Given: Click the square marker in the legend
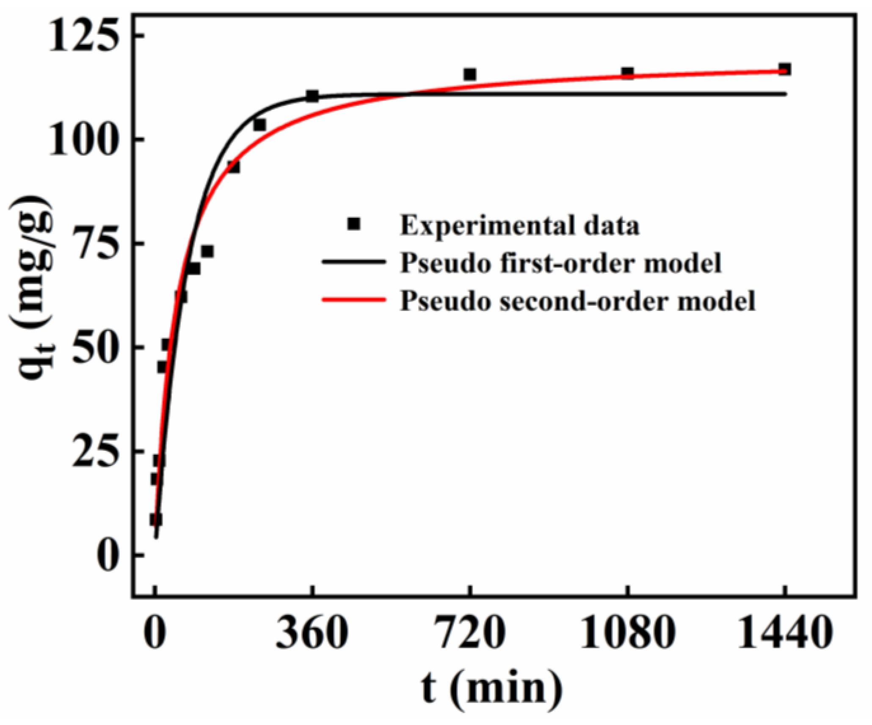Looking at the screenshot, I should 353,224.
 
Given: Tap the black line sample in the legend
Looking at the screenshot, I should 354,262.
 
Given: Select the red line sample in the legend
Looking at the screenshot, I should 354,300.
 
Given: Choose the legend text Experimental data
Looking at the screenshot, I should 520,225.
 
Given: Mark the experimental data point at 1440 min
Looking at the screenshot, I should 784,69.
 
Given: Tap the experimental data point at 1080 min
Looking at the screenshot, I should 627,73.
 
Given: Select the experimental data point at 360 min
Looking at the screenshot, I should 312,96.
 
